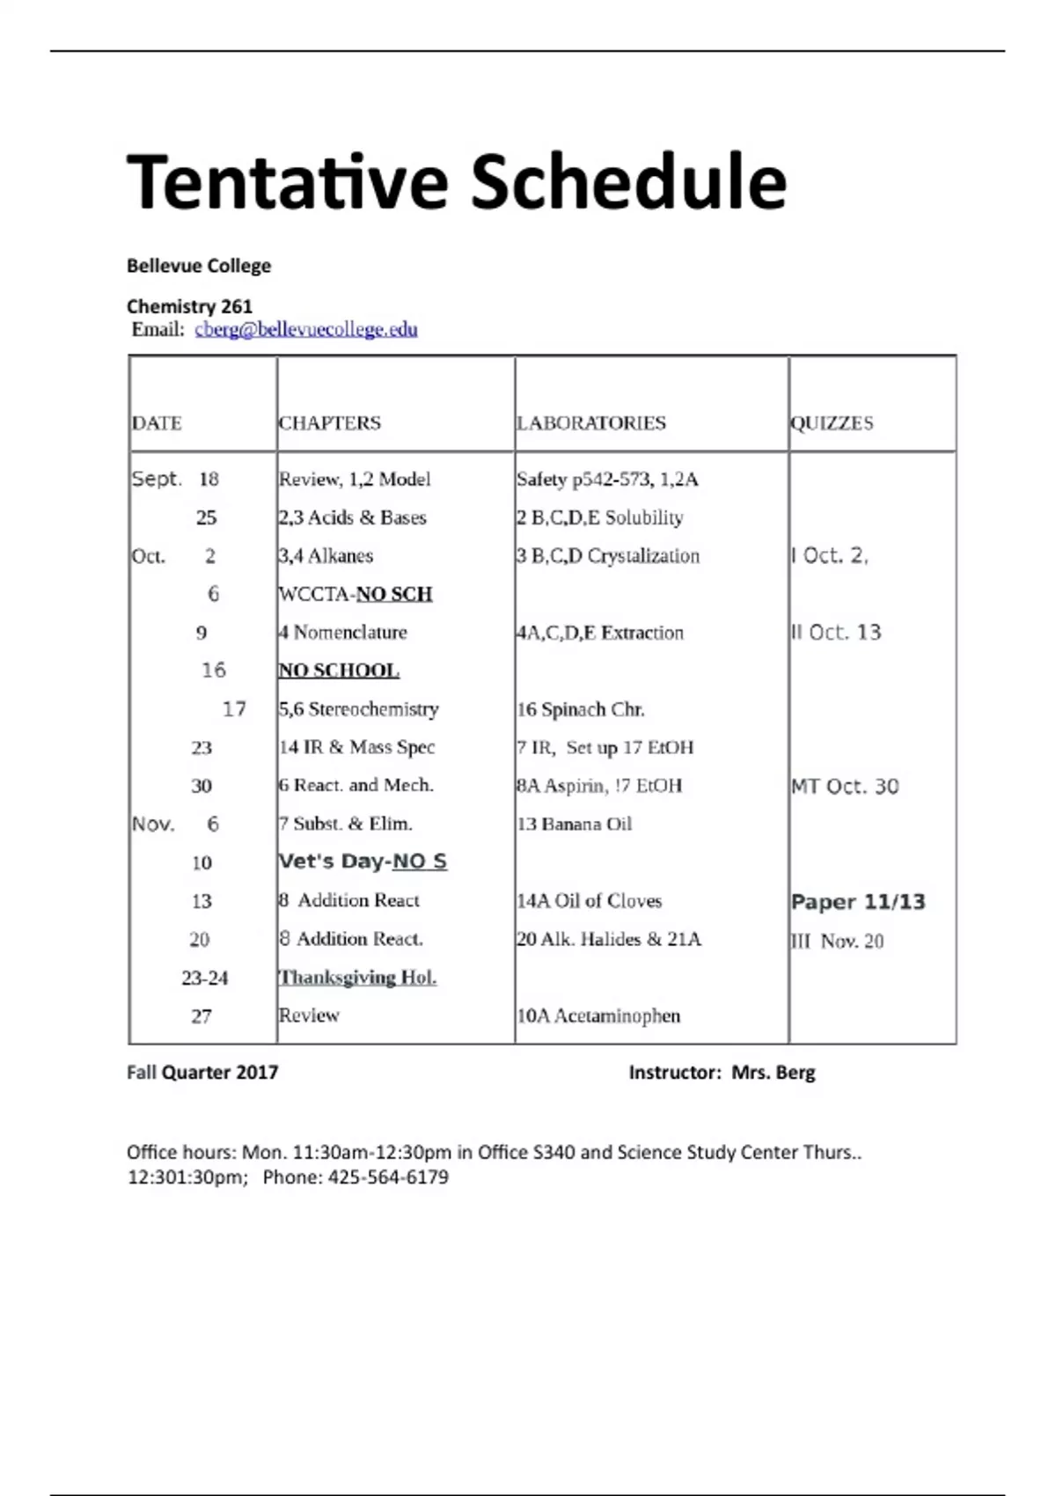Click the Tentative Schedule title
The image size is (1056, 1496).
click(x=456, y=182)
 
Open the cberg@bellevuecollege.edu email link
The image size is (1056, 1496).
click(x=306, y=329)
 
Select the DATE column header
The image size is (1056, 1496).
click(x=157, y=423)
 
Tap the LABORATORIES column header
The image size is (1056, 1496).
click(x=590, y=423)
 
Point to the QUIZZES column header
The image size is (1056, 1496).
click(x=832, y=423)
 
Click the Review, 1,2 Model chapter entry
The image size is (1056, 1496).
click(x=355, y=480)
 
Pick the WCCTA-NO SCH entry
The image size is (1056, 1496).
click(x=356, y=594)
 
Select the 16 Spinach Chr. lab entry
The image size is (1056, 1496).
click(x=580, y=709)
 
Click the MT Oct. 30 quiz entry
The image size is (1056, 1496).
click(x=845, y=786)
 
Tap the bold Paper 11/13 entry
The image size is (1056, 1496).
click(x=858, y=901)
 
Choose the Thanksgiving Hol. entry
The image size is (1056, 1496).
click(x=357, y=978)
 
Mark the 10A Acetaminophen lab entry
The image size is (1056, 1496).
click(x=598, y=1016)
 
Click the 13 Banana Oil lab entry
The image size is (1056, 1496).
click(x=574, y=824)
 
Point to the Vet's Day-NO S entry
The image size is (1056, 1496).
click(x=363, y=862)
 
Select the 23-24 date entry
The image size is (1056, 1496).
click(x=204, y=978)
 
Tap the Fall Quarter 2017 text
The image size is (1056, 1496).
click(x=202, y=1072)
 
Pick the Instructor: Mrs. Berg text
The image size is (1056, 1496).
click(x=722, y=1072)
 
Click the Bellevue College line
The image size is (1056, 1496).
click(x=199, y=266)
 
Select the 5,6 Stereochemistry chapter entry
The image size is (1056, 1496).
click(x=358, y=709)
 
